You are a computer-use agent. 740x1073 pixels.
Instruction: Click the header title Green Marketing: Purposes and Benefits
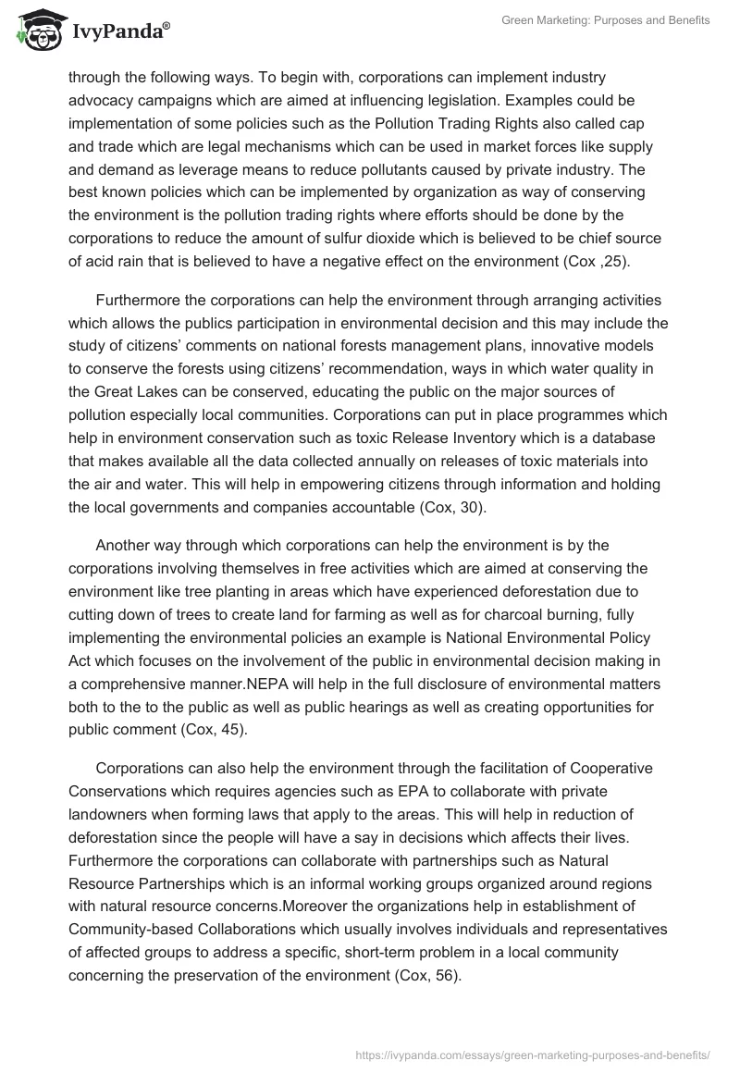click(606, 20)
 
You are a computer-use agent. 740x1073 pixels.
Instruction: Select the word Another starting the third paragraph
click(124, 546)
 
